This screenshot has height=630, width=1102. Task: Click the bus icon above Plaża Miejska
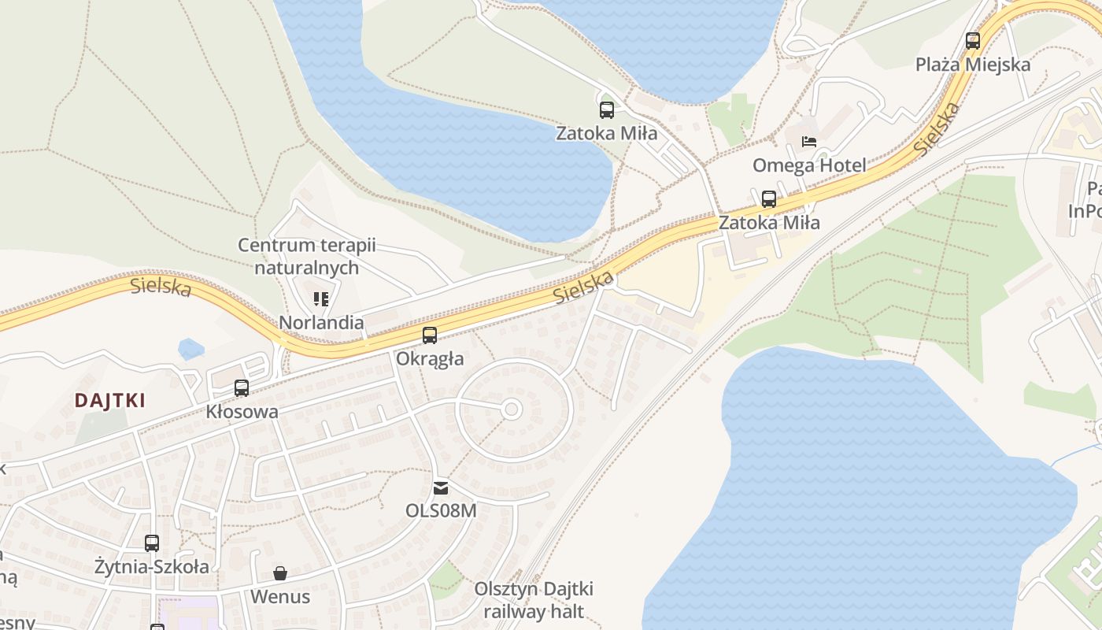coord(973,40)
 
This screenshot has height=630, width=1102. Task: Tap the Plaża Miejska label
coord(973,65)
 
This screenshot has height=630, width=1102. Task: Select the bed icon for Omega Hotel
coord(808,142)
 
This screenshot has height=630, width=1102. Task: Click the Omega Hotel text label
coord(809,165)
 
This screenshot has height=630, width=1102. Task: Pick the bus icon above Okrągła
coord(430,335)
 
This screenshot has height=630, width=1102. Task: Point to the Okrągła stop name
coord(430,359)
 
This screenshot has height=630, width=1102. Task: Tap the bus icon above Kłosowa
coord(242,387)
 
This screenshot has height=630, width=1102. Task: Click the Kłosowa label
coord(242,411)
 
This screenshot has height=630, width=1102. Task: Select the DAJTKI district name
coord(110,400)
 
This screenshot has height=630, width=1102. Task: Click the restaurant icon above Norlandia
coord(321,298)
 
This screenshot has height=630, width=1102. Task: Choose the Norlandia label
coord(321,323)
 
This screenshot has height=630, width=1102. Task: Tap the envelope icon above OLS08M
coord(441,488)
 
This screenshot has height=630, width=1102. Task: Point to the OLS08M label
coord(441,510)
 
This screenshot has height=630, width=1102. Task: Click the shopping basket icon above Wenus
coord(280,573)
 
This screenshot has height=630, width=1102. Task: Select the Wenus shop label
coord(280,597)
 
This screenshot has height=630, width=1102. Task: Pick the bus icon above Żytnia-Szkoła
coord(152,543)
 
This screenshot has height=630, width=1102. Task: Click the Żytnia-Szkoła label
coord(152,566)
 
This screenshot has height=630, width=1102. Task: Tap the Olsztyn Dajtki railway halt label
coord(534,600)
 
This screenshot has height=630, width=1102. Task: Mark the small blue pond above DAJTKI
coord(190,348)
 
